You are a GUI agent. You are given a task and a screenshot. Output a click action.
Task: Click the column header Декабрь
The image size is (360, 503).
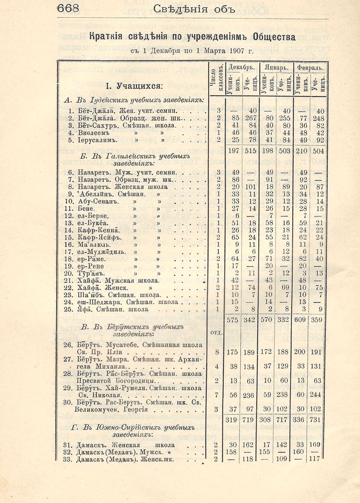pos(241,67)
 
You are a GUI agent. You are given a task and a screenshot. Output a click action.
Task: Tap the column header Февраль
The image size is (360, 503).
pos(309,67)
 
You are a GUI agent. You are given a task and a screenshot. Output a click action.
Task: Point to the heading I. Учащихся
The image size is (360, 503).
pos(134,86)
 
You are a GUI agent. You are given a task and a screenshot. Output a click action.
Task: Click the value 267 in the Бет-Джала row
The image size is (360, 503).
pos(250,118)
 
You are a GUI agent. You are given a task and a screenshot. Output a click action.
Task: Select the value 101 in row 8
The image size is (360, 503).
pos(250,187)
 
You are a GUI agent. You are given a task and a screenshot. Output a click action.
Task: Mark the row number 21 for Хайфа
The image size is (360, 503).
pos(68,280)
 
